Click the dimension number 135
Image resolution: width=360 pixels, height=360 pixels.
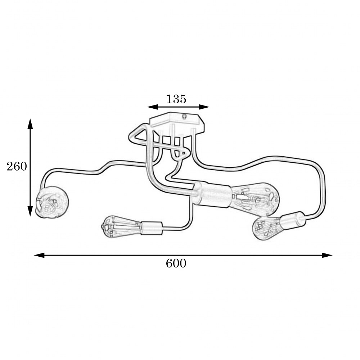coord(176,99)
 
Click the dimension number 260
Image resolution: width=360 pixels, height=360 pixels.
coord(17,166)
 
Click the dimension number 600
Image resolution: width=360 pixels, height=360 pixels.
coord(176,264)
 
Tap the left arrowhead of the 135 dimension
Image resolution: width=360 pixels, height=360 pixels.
coord(152,107)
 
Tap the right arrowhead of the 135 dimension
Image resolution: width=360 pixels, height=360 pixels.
coord(204,107)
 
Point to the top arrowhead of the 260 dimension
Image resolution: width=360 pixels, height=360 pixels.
coord(30,123)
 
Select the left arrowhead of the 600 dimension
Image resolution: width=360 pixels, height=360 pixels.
coord(39,255)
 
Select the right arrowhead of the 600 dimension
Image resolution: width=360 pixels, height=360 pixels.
coord(327,255)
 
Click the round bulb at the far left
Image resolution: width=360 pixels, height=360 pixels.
coord(52,202)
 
